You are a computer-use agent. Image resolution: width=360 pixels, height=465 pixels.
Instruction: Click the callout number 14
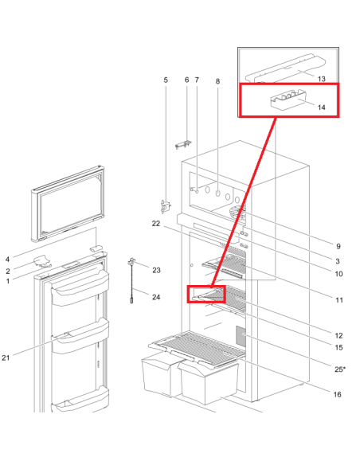pos(322,107)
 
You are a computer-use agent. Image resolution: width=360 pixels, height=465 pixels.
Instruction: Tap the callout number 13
pos(322,79)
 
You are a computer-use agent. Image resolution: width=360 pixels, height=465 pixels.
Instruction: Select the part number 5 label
pos(166,80)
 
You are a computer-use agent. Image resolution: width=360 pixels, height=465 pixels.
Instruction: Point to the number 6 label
pos(186,80)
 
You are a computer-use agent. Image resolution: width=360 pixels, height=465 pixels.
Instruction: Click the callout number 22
pos(156,224)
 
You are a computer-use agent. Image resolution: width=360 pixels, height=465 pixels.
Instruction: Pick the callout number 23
pos(156,270)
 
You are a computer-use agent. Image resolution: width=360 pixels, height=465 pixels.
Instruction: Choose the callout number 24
pos(156,297)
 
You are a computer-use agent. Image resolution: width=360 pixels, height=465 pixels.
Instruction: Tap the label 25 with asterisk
pos(340,369)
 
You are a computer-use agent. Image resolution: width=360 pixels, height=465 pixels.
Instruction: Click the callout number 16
pos(338,394)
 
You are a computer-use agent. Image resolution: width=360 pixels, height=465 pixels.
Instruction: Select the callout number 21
pos(6,358)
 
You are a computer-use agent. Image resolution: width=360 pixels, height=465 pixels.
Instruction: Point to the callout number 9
pos(338,246)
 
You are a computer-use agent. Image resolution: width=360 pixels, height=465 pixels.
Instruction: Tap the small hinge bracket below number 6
pos(183,145)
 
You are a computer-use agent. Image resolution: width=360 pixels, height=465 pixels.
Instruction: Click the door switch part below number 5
pos(166,206)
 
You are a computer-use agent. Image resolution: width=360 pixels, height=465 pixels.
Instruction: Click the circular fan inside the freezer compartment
pos(238,212)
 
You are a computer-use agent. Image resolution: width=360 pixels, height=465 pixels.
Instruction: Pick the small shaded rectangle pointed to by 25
pos(241,336)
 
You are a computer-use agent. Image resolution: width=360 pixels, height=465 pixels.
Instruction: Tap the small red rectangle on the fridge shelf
pos(206,294)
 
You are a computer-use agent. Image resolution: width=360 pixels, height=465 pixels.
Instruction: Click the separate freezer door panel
pos(68,204)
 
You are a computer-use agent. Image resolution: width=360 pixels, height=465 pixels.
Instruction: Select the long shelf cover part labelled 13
pos(286,68)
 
